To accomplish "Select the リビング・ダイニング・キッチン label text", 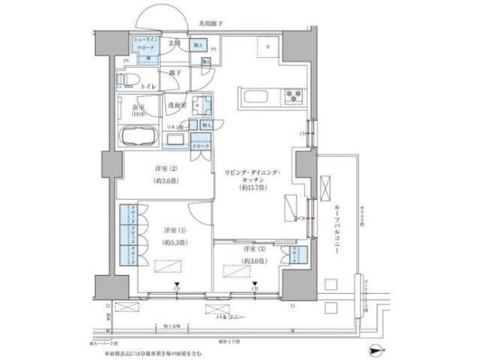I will pyautogui.click(x=252, y=180).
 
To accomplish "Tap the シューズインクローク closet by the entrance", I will pyautogui.click(x=145, y=46).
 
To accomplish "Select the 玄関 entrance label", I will pyautogui.click(x=173, y=44).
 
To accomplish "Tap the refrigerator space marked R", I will pyautogui.click(x=268, y=52).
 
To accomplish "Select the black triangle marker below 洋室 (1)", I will pyautogui.click(x=176, y=283).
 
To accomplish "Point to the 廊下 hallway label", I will pyautogui.click(x=173, y=72).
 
